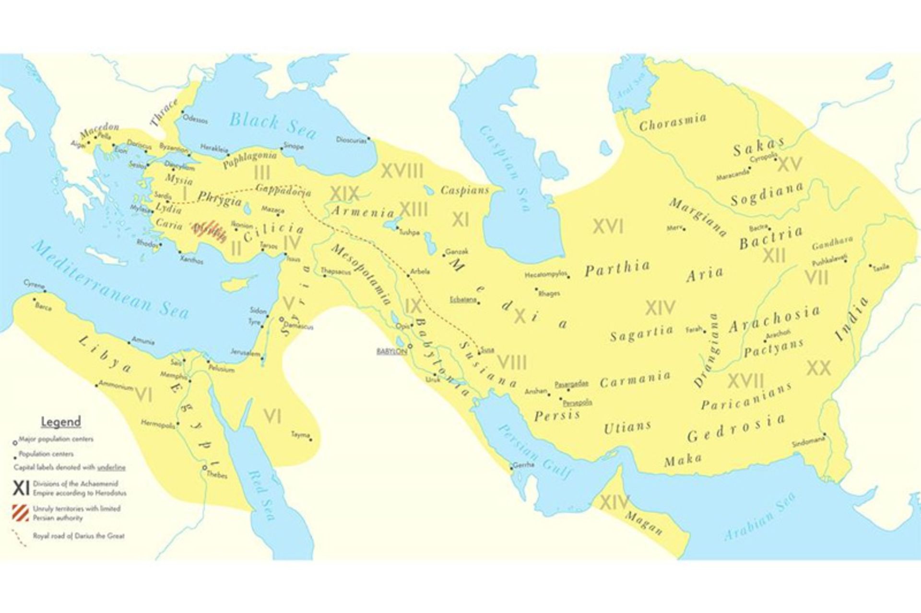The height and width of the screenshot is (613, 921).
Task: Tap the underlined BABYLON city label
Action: coord(391,352)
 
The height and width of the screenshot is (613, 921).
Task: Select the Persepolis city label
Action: coord(578,403)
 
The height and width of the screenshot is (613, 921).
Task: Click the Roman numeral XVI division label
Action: coord(608,226)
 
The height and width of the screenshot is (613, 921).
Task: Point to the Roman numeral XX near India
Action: coord(818,368)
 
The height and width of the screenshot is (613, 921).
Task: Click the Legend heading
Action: coord(60,422)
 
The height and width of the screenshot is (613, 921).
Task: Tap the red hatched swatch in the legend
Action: coord(20,513)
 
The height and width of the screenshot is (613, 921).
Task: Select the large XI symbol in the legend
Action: coord(21,488)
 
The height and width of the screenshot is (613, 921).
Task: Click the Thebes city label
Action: coord(216,475)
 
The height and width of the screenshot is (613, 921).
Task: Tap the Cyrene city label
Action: coord(34,284)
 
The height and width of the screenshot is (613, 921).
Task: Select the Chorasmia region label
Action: coord(673,123)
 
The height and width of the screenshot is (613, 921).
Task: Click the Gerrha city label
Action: coord(523,465)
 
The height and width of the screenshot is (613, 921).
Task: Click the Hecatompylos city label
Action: coord(545,275)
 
